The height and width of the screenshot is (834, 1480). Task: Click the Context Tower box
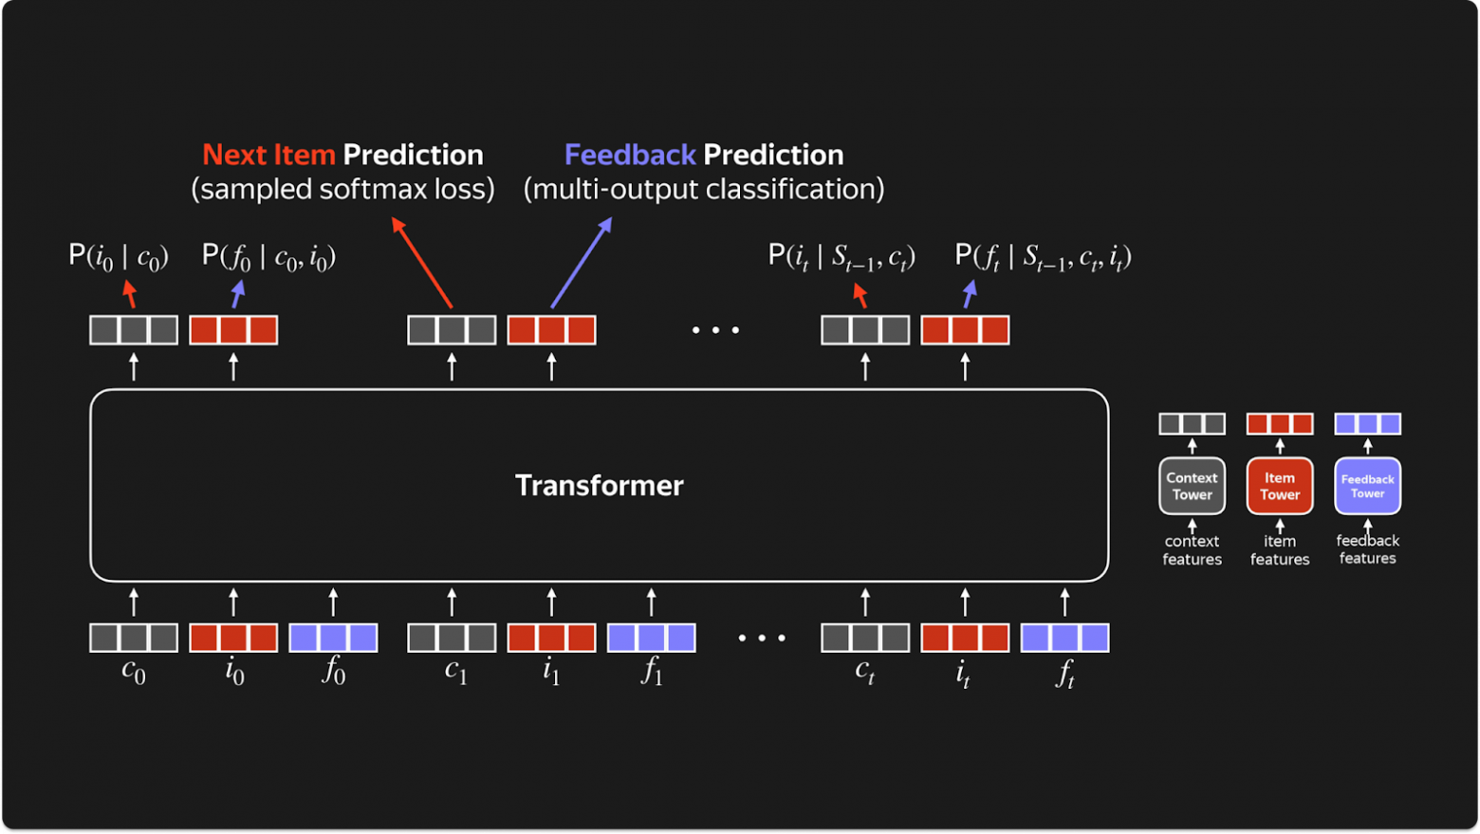click(x=1192, y=486)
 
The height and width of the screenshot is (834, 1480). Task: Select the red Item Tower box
click(x=1279, y=486)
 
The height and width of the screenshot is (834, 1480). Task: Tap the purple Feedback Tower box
click(x=1367, y=486)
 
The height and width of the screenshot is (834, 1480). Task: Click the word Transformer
click(x=599, y=486)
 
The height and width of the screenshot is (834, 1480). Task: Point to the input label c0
click(x=134, y=671)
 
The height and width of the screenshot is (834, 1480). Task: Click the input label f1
click(x=651, y=671)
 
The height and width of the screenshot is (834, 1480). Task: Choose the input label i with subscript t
click(x=964, y=673)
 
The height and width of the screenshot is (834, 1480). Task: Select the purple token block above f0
click(x=333, y=638)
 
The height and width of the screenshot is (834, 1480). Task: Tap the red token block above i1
click(x=551, y=638)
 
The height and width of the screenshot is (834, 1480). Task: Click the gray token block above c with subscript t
click(x=864, y=638)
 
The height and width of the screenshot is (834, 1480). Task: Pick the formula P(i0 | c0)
click(x=119, y=256)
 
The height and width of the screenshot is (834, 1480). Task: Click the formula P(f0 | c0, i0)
click(x=268, y=256)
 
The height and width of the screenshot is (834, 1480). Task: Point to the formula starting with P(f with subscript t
click(x=1043, y=256)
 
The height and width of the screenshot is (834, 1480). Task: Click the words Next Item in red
click(x=268, y=155)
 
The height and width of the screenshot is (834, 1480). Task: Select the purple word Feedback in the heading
click(x=630, y=155)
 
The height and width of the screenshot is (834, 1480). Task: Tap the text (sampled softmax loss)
click(x=342, y=189)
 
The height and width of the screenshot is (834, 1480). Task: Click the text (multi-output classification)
click(x=704, y=189)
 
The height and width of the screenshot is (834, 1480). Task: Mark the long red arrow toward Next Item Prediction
click(x=422, y=263)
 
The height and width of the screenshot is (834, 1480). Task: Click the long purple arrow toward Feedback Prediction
click(x=582, y=263)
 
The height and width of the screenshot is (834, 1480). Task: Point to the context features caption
click(x=1192, y=549)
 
